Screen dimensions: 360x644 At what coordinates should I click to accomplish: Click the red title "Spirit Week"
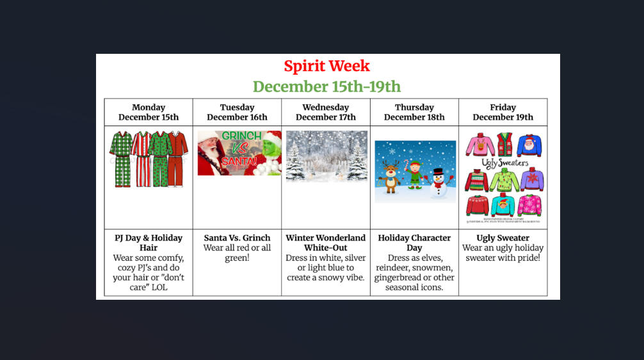pos(326,66)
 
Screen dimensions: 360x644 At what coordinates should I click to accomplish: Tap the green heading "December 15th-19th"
pos(326,86)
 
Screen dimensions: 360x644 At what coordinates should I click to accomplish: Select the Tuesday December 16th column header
pos(237,112)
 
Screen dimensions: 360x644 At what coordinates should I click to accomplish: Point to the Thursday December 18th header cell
pos(414,112)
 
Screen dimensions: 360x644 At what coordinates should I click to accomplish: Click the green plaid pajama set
pos(120,158)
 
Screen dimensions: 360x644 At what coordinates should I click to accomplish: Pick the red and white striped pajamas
pos(141,158)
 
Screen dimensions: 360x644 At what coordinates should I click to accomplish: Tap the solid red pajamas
pos(177,158)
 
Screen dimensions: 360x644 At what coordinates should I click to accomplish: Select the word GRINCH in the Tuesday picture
pos(241,136)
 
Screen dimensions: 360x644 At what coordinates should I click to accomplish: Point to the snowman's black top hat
pos(437,172)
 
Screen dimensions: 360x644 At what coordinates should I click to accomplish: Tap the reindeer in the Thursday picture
pos(389,176)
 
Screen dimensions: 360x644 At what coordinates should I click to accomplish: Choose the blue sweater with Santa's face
pos(529,145)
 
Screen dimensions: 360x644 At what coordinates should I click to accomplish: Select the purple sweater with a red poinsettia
pos(531,179)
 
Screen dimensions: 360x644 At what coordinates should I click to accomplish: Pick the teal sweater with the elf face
pos(503,204)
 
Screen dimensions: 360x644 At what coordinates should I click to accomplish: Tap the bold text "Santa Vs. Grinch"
pos(237,238)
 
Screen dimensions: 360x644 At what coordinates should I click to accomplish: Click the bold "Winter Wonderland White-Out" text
pos(326,243)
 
